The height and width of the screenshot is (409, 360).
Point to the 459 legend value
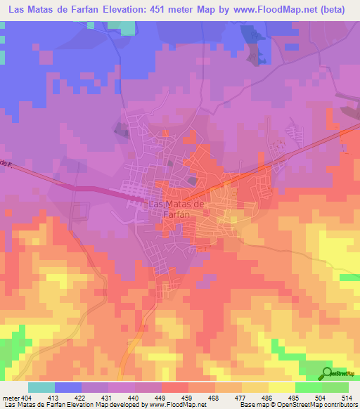click(188, 397)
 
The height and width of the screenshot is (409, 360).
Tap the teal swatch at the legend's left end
click(41, 387)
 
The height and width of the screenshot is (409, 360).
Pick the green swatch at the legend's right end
click(335, 387)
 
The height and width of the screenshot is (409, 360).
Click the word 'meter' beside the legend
click(12, 397)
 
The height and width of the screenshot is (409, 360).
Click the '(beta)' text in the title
click(336, 10)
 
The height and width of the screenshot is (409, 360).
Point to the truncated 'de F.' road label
click(7, 164)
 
